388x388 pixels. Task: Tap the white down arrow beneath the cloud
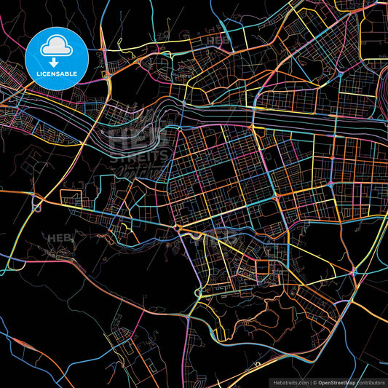tap(56, 63)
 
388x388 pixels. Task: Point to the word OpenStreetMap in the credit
tap(337, 381)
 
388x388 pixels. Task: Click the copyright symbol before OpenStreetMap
tap(314, 381)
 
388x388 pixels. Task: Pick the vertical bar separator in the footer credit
tap(310, 381)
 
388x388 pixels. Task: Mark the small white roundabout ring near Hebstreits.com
tap(257, 363)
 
